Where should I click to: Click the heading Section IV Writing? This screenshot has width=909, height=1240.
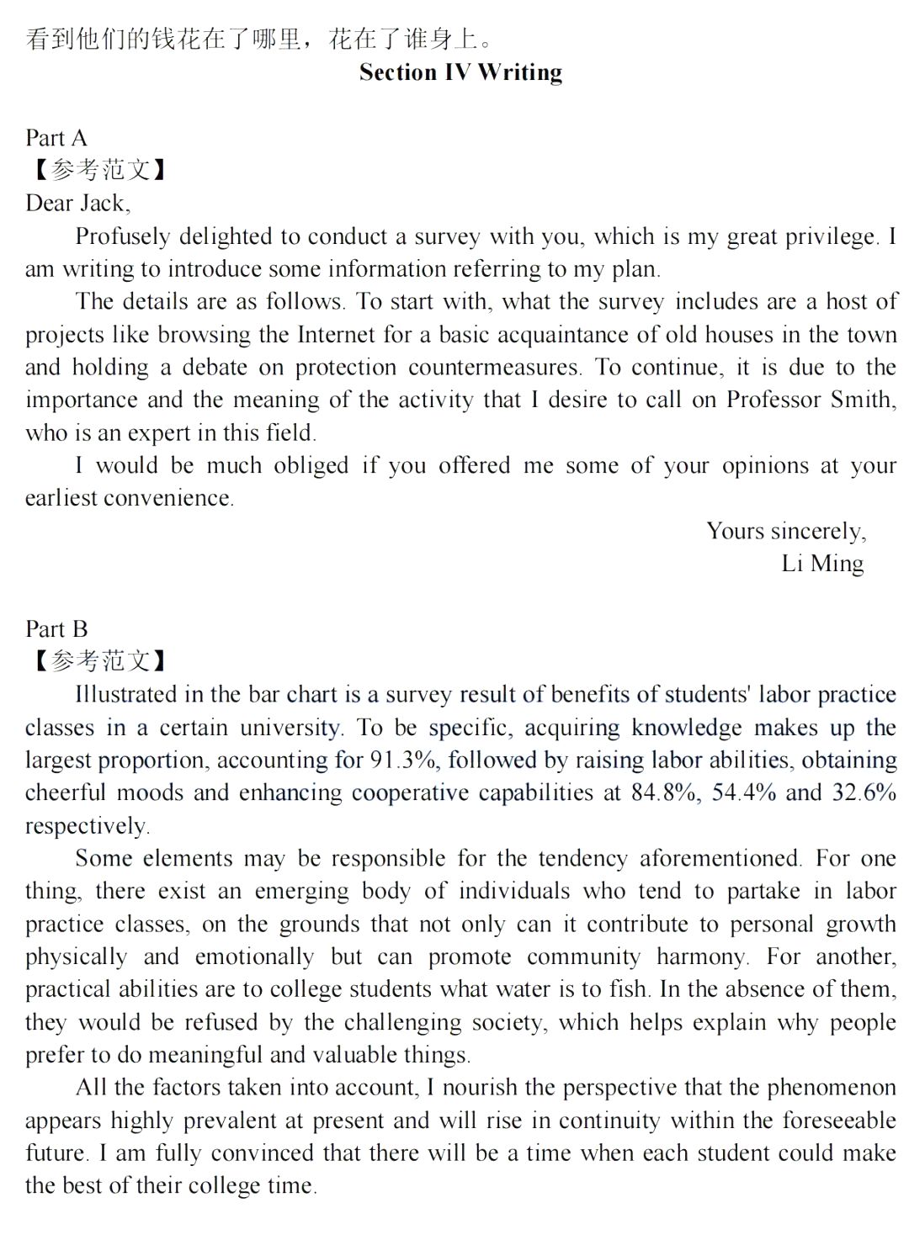click(460, 72)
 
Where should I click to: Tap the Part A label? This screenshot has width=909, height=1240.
click(56, 138)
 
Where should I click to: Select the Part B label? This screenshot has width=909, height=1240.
click(56, 629)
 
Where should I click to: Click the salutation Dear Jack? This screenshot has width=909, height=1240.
click(77, 204)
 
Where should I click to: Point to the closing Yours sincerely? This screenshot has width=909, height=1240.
click(786, 531)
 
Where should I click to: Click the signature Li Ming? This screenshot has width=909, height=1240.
click(822, 564)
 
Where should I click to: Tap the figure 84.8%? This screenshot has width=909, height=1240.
click(666, 793)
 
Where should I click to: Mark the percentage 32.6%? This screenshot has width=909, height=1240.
click(864, 793)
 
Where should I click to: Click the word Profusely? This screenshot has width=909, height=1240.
click(123, 237)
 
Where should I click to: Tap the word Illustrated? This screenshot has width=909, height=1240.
click(126, 695)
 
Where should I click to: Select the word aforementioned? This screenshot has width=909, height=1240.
click(720, 859)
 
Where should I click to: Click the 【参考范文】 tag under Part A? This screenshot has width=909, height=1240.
click(99, 171)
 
